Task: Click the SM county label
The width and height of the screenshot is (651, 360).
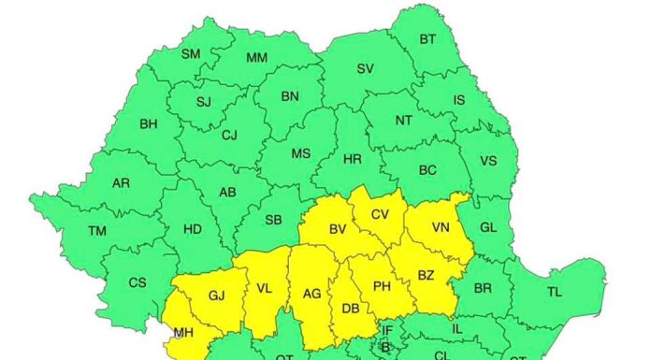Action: [191, 54]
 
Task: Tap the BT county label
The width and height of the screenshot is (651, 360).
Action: [427, 39]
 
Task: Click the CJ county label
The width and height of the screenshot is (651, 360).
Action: [229, 135]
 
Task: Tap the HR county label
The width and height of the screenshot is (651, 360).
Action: [352, 160]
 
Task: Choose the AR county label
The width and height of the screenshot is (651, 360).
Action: [121, 183]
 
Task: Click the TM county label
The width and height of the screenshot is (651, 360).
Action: [97, 231]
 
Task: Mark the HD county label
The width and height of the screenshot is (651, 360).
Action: [192, 228]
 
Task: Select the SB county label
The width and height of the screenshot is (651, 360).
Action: [274, 220]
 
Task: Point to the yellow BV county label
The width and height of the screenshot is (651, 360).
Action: [337, 229]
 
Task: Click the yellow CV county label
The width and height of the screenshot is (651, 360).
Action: [380, 214]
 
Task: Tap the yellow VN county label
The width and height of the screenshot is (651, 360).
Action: [441, 227]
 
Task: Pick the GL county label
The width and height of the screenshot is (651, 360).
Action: [488, 228]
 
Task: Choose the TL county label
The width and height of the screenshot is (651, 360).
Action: [555, 292]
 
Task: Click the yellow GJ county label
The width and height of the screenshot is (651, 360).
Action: [216, 295]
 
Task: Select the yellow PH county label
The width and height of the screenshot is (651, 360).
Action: [382, 286]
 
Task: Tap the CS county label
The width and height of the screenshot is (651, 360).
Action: [137, 282]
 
